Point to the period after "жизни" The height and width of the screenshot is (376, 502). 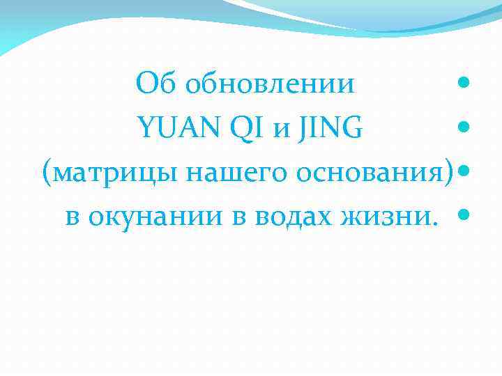(x=436, y=223)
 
